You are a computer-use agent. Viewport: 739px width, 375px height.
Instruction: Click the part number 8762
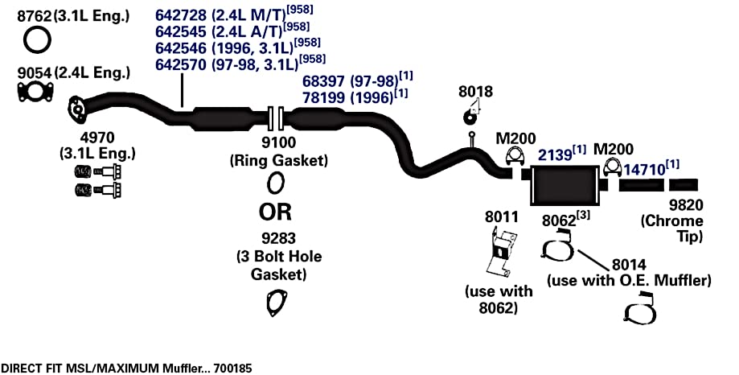(x=34, y=17)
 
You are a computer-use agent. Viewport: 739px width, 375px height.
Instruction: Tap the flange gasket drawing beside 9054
(x=35, y=92)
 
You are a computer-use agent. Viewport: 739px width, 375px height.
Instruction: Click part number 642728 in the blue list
(x=181, y=15)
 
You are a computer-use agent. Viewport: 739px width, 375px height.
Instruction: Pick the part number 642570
(x=181, y=64)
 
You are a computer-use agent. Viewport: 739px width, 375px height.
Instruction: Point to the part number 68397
(x=324, y=81)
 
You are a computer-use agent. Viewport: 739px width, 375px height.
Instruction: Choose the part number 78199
(x=324, y=97)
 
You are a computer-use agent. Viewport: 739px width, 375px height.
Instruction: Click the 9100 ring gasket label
(x=278, y=142)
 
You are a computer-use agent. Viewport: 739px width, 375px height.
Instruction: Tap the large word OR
(x=275, y=212)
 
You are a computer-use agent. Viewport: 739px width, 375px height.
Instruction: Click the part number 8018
(x=475, y=92)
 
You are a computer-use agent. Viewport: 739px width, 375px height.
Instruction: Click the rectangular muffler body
(x=563, y=185)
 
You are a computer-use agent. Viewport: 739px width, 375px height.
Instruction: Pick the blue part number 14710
(x=644, y=170)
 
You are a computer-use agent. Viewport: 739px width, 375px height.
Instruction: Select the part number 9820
(x=686, y=205)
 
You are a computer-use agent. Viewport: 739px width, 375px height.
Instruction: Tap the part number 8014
(x=629, y=265)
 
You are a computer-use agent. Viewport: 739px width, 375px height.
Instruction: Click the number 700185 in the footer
(x=232, y=368)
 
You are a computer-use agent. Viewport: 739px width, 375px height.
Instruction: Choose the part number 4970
(x=97, y=138)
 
